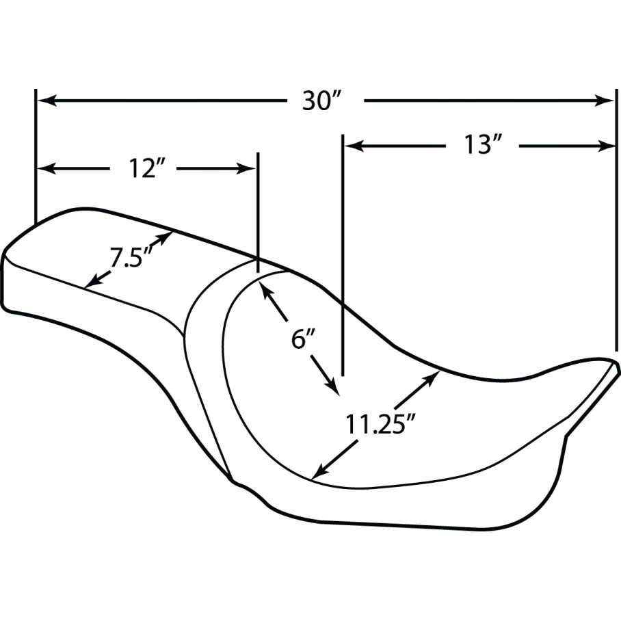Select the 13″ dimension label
pyautogui.click(x=483, y=145)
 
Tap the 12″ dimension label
pyautogui.click(x=146, y=168)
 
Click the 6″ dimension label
pyautogui.click(x=303, y=339)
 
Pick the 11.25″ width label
pyautogui.click(x=380, y=424)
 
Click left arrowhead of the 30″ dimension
pyautogui.click(x=47, y=101)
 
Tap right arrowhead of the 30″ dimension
pyautogui.click(x=605, y=101)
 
